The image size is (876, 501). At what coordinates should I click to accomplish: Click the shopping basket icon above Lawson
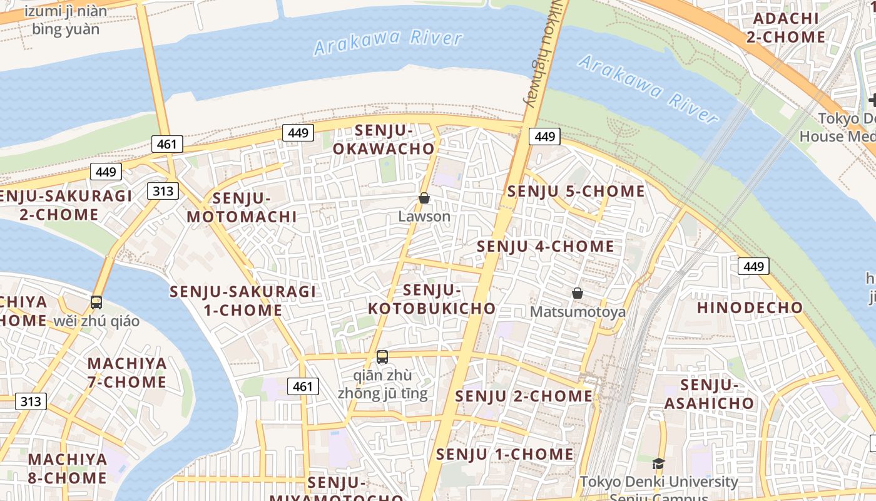[x=424, y=198]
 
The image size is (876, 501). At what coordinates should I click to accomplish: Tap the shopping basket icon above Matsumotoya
[x=578, y=292]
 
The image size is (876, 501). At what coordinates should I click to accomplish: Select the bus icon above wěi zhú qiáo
[x=96, y=302]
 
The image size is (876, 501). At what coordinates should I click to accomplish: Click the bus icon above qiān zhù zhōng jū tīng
[x=382, y=357]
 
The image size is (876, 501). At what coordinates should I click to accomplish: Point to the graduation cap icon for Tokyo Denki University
[x=658, y=463]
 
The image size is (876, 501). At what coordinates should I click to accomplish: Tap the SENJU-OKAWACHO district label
[x=384, y=140]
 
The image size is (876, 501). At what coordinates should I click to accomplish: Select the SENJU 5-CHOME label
[x=576, y=191]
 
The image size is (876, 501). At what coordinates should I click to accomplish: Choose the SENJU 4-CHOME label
[x=546, y=246]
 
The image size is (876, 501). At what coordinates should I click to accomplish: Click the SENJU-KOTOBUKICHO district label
[x=432, y=299]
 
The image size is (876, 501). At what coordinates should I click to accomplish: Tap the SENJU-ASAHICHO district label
[x=709, y=394]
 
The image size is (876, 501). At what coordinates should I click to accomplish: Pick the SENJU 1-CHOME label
[x=505, y=454]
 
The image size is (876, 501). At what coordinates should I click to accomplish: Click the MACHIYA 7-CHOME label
[x=127, y=373]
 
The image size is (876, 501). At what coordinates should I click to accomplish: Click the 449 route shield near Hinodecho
[x=753, y=266]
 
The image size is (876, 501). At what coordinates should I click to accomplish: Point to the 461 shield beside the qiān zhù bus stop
[x=303, y=386]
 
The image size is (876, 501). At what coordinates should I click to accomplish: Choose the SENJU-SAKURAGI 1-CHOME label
[x=243, y=301]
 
